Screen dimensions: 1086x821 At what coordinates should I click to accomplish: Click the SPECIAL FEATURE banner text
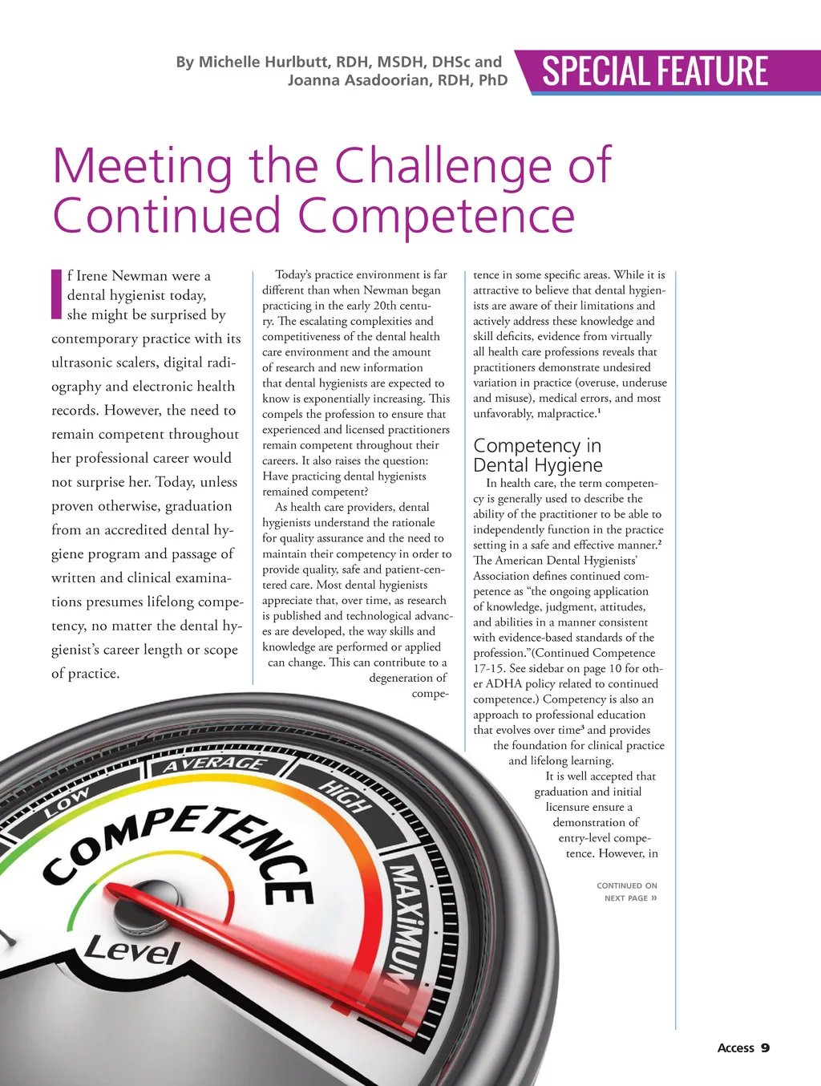[x=655, y=71]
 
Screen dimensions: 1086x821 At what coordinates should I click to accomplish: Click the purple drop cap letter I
[x=56, y=294]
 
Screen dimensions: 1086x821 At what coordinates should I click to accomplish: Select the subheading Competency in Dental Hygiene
[x=537, y=455]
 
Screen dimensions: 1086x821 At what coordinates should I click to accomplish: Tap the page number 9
[x=765, y=1048]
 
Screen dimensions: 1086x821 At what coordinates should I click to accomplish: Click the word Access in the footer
[x=735, y=1048]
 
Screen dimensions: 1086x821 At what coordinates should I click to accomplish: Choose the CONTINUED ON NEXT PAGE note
[x=627, y=892]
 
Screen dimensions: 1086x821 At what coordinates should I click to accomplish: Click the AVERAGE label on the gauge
[x=214, y=763]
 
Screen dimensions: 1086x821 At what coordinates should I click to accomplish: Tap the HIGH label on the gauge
[x=345, y=795]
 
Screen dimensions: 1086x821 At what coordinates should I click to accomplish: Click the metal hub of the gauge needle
[x=135, y=906]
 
